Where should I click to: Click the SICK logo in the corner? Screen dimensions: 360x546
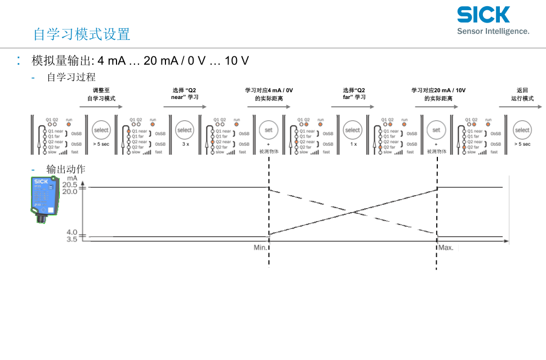[x=483, y=15]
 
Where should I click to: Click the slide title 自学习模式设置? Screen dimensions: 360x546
[x=82, y=34]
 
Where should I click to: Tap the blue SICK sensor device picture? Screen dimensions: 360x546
[x=44, y=198]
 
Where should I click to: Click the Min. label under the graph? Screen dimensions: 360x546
[x=260, y=247]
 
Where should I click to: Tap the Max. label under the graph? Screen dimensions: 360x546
[x=446, y=247]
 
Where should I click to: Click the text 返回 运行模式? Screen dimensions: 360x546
[x=522, y=94]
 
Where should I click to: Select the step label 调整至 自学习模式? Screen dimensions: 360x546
[x=101, y=94]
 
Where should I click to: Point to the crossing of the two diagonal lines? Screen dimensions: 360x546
[x=353, y=211]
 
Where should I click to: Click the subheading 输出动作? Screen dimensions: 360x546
[x=66, y=169]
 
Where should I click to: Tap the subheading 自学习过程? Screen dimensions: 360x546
[x=71, y=77]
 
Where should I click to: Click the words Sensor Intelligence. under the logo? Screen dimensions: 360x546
[x=493, y=31]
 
